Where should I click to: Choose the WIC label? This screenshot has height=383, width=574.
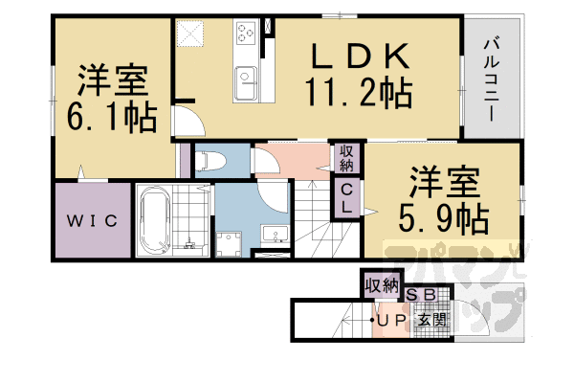point(92,222)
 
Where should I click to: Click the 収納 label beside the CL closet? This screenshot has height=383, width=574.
point(346,157)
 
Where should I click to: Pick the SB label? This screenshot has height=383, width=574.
point(422,298)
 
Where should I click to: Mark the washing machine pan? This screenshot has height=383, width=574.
point(231,243)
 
